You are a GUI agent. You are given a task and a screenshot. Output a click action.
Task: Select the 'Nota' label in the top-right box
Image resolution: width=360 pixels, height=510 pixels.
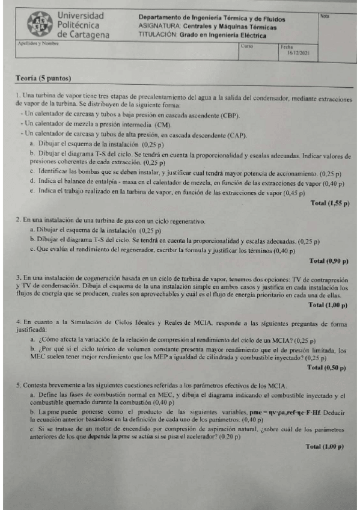(325, 15)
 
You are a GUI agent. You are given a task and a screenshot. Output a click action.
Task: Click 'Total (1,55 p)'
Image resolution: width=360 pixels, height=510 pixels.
(330, 203)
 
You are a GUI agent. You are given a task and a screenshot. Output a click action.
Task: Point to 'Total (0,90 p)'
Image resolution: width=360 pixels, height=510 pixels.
(329, 260)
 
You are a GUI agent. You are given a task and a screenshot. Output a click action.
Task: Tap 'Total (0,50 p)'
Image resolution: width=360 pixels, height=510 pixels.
(328, 366)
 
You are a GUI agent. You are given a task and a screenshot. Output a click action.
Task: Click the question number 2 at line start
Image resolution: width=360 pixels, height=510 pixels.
(18, 221)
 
